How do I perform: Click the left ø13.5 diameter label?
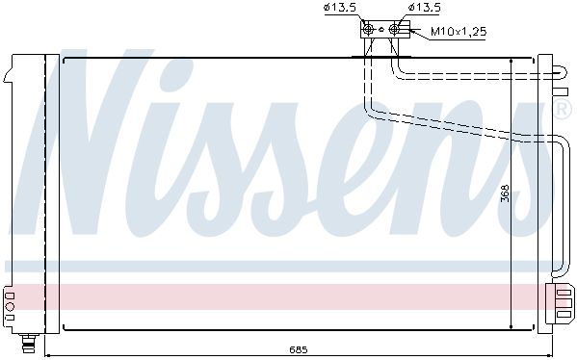[340, 8]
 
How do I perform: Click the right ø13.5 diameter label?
[424, 8]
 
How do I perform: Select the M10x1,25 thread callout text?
[459, 31]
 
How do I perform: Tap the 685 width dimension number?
[298, 349]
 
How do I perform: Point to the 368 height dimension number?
[505, 193]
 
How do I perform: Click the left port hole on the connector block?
[368, 29]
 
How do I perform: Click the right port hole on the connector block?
[394, 29]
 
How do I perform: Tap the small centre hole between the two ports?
[381, 30]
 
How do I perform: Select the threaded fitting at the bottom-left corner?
[28, 343]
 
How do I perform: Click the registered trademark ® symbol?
[563, 109]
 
